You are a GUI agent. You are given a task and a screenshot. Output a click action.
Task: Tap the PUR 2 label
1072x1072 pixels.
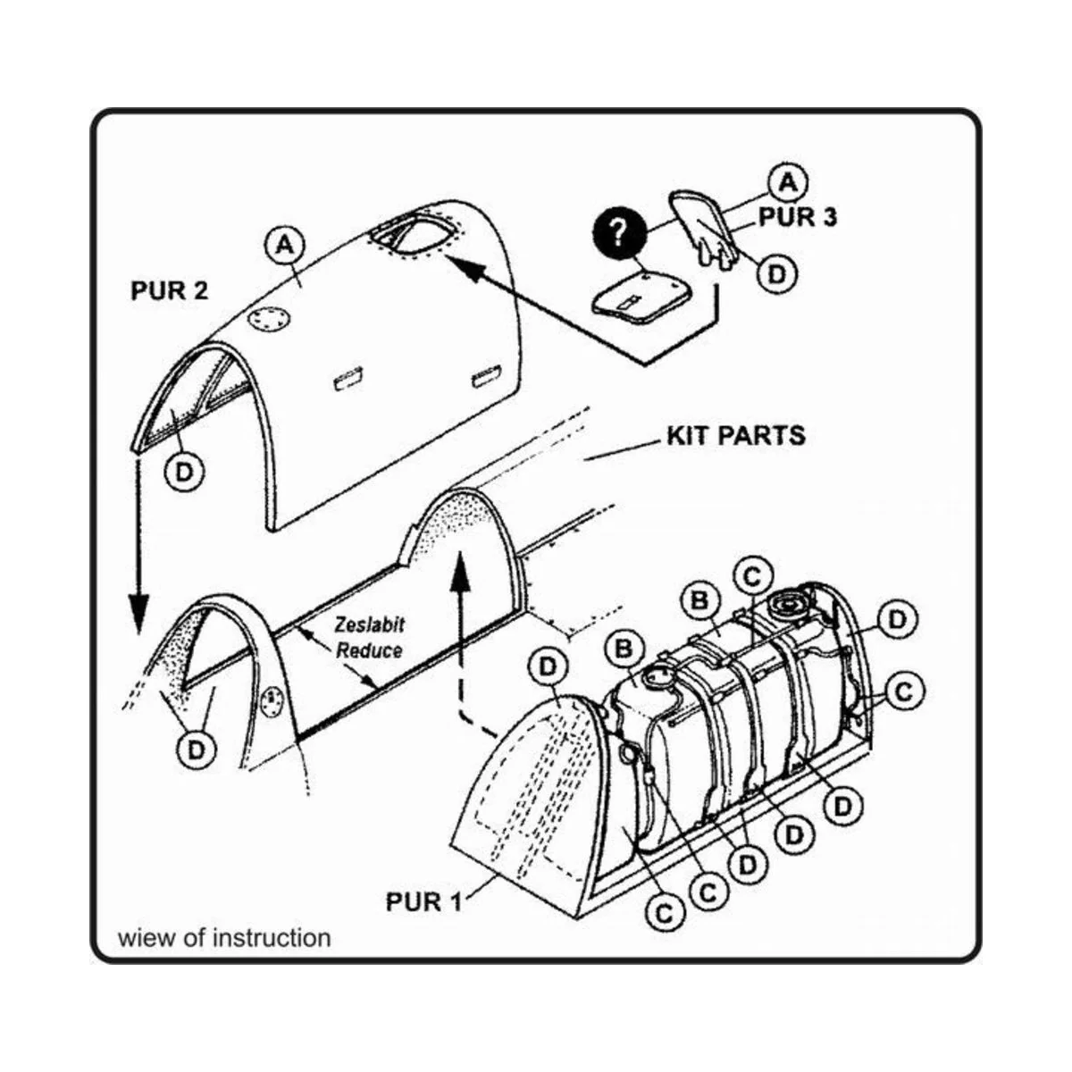point(169,291)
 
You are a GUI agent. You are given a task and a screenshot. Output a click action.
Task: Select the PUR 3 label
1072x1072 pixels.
point(798,217)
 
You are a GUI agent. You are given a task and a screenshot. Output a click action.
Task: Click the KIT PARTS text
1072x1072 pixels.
point(735,436)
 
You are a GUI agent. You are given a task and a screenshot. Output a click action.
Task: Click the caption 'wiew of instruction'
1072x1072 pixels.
point(224,938)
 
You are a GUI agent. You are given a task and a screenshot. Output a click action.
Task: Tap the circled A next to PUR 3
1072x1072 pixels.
point(787,182)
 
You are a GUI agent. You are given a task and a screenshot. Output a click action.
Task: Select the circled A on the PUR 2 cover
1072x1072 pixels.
point(285,244)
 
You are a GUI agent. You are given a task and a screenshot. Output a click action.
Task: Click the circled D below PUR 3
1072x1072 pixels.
point(775,274)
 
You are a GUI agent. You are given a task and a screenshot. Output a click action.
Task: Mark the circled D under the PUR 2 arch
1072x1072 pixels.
point(184,473)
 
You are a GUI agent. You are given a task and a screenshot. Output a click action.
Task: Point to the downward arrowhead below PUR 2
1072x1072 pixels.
point(138,617)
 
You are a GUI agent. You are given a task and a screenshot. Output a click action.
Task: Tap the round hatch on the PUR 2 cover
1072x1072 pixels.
point(268,319)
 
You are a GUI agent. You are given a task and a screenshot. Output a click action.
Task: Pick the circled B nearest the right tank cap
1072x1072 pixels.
point(700,600)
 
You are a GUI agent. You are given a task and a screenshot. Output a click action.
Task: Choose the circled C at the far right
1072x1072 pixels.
point(903,691)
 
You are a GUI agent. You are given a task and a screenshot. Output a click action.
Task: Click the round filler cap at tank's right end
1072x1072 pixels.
point(789,604)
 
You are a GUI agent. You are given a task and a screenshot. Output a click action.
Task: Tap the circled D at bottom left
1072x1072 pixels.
point(196,750)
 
